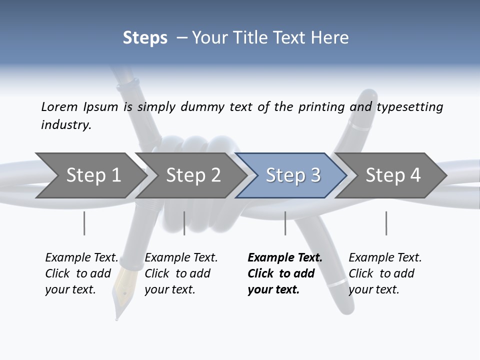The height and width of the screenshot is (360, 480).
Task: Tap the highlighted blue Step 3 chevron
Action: [x=291, y=175]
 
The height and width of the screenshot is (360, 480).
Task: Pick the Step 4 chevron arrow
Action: [x=391, y=175]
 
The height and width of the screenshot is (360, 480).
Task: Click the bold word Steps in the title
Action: [x=145, y=38]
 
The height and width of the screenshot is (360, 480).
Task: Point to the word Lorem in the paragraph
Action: [x=59, y=106]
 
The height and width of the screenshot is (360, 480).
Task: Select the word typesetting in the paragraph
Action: [x=409, y=106]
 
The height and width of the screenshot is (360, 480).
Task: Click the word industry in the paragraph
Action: [x=65, y=124]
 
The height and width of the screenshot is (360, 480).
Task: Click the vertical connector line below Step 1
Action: [x=84, y=223]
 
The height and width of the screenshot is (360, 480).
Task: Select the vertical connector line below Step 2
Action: [x=184, y=223]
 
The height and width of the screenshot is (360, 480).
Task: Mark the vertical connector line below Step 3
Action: [x=285, y=223]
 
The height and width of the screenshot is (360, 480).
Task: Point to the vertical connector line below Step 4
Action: [x=386, y=223]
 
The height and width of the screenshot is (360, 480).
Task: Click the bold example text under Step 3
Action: [x=284, y=273]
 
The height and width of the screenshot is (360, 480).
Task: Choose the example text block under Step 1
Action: [x=81, y=273]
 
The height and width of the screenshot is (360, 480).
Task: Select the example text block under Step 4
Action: [x=384, y=273]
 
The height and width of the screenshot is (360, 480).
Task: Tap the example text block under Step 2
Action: [x=180, y=273]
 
